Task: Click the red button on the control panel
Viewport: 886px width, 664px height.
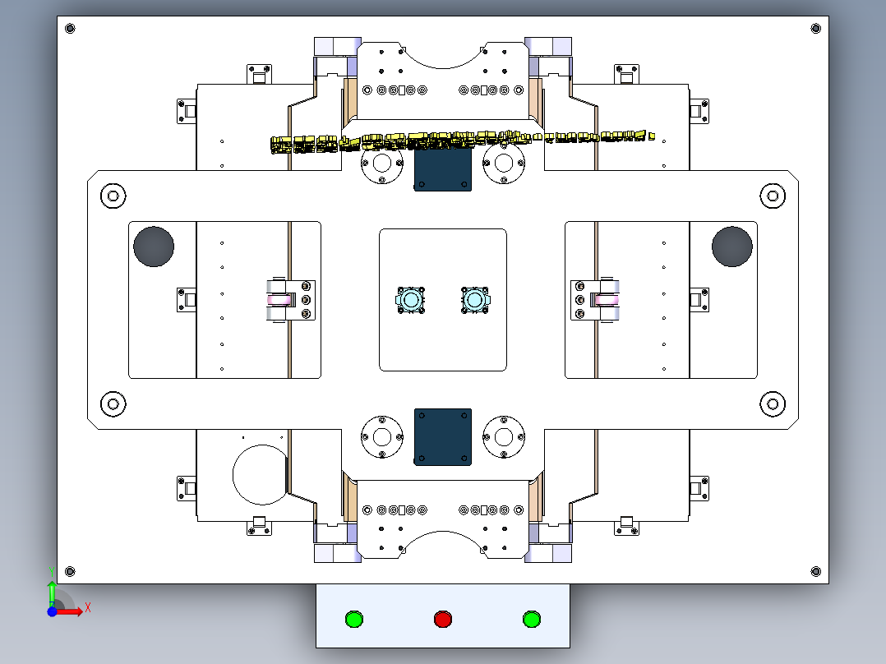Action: pos(443,619)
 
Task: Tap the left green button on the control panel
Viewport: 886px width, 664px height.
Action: pos(353,619)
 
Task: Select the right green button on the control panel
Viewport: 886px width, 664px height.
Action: pos(532,619)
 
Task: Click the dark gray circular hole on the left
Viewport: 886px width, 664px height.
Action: pos(154,247)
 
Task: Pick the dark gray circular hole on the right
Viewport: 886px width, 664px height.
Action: pos(732,247)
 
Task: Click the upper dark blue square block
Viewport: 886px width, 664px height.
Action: pos(443,170)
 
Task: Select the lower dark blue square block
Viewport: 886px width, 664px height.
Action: pos(443,436)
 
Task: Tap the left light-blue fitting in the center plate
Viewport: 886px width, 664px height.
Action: pos(409,300)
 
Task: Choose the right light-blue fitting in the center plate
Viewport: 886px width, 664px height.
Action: pos(474,300)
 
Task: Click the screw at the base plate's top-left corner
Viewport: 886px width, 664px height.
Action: pos(69,29)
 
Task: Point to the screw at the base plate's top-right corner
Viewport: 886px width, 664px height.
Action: pos(816,29)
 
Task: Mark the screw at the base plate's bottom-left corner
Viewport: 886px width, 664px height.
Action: pos(69,571)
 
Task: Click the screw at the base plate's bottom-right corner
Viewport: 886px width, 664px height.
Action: pos(816,571)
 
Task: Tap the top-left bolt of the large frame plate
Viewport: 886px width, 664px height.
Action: pos(113,196)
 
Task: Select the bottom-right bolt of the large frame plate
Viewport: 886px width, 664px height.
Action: pos(773,403)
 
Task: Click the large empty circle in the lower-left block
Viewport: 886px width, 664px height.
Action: pos(261,474)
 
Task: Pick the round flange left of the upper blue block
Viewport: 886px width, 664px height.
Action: pos(381,164)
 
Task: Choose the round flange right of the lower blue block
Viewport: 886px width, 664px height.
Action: pos(504,436)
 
